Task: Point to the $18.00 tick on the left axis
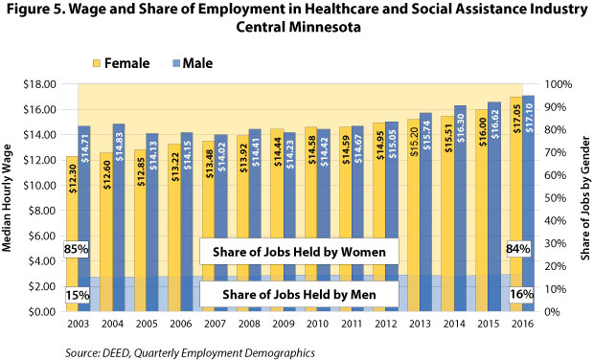tap(39, 84)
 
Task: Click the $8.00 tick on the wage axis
tap(42, 211)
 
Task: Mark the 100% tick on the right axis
tap(559, 84)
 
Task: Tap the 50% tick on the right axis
tap(557, 198)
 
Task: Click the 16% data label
tap(521, 295)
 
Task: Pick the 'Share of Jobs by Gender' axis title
tap(583, 197)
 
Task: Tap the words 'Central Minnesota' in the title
tap(296, 28)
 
